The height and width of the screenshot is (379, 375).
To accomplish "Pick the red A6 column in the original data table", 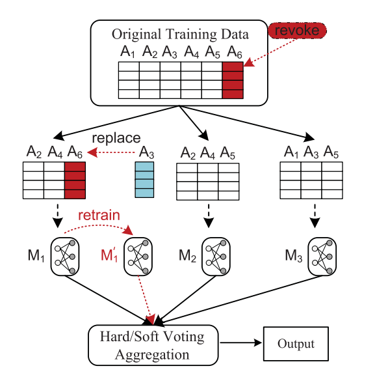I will (232, 79).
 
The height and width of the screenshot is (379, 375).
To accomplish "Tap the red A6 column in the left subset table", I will (75, 180).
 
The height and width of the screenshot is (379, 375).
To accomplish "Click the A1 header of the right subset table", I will (291, 152).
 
